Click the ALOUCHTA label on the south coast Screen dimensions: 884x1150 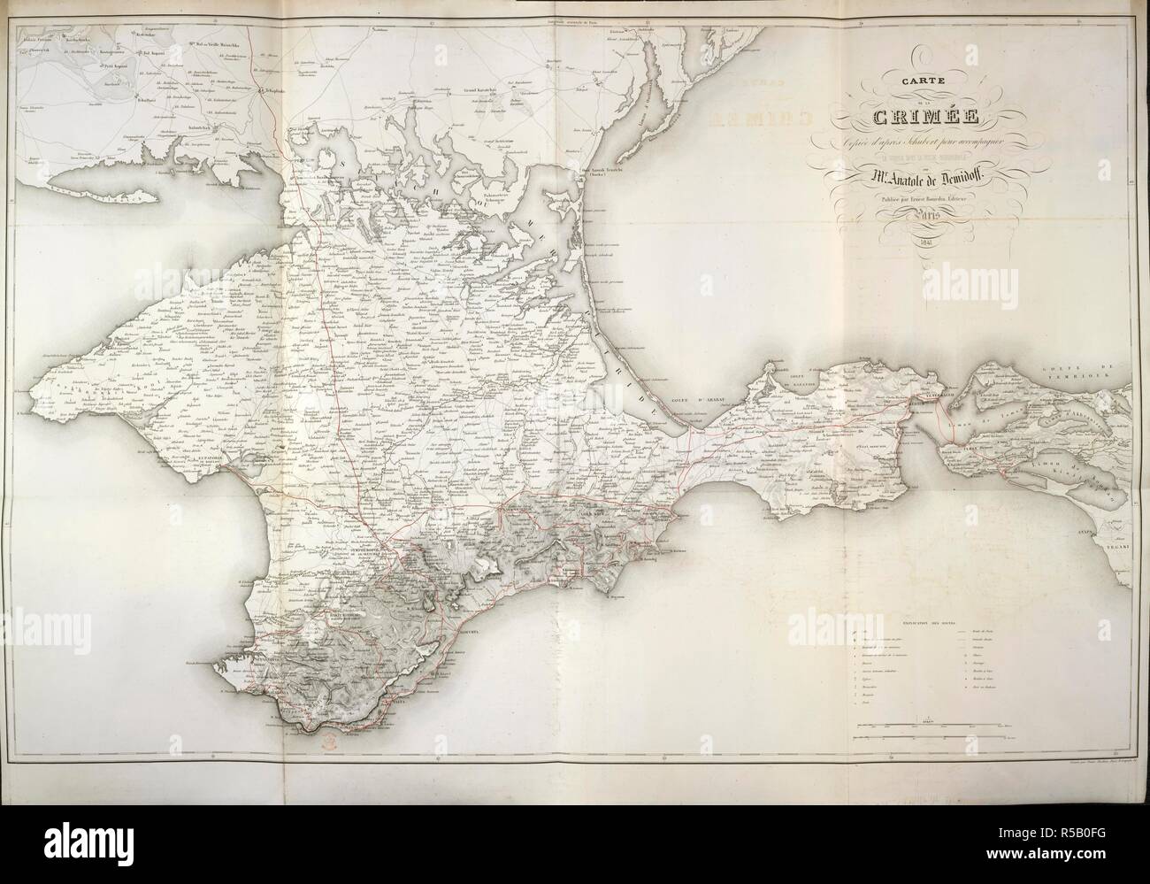(x=466, y=634)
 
